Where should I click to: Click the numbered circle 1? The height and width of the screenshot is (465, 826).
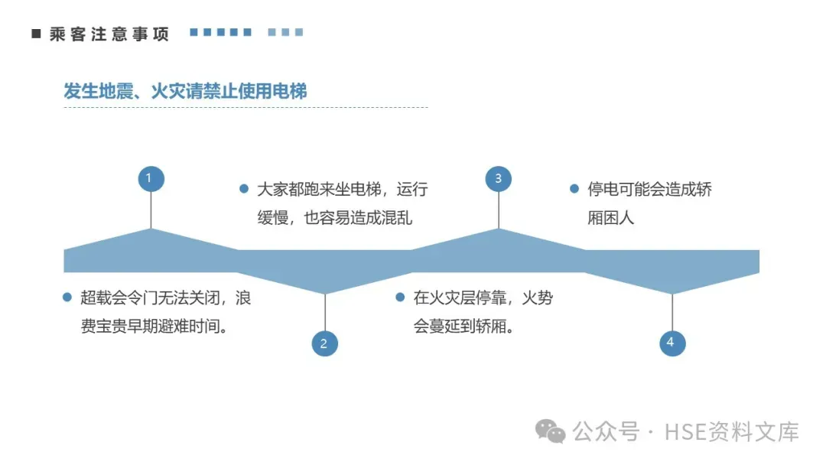click(x=151, y=179)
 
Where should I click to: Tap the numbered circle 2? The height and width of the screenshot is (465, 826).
click(x=324, y=343)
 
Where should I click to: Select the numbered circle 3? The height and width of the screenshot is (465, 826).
click(x=499, y=179)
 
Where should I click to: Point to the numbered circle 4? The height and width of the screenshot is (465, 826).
click(x=672, y=343)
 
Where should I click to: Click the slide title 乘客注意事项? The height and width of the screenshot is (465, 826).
click(x=109, y=34)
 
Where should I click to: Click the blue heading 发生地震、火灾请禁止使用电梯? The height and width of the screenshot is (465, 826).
click(x=185, y=92)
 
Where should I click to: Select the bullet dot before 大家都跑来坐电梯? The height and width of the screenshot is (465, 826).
click(x=244, y=188)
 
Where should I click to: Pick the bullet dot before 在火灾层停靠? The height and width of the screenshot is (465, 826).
click(x=400, y=298)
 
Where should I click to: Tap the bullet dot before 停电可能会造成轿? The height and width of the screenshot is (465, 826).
click(x=574, y=188)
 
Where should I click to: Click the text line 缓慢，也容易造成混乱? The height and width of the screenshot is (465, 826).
click(x=335, y=217)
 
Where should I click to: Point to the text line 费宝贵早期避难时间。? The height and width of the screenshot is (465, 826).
click(x=158, y=327)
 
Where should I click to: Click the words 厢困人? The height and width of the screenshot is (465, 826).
click(x=611, y=217)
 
